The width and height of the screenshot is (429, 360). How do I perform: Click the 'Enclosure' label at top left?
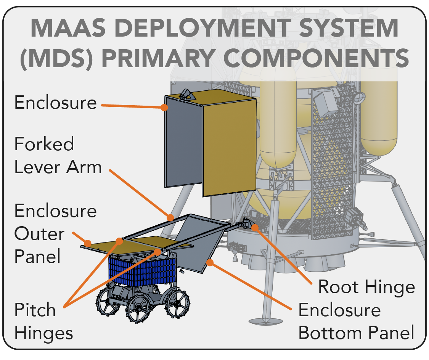pyautogui.click(x=56, y=103)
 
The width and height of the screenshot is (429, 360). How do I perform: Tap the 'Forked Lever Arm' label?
pyautogui.click(x=58, y=155)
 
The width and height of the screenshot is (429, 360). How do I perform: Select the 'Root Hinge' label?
pyautogui.click(x=366, y=287)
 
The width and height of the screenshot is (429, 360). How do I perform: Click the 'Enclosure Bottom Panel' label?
pyautogui.click(x=356, y=321)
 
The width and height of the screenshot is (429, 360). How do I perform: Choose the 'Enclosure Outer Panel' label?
pyautogui.click(x=56, y=234)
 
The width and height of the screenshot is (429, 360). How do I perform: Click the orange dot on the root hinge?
pyautogui.click(x=255, y=228)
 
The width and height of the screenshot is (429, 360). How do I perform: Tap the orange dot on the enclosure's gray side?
pyautogui.click(x=164, y=108)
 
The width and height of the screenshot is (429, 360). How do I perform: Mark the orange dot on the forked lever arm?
pyautogui.click(x=170, y=217)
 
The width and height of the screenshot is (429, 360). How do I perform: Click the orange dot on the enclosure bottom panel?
pyautogui.click(x=210, y=263)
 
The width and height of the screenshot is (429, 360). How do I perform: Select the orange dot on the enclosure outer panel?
pyautogui.click(x=88, y=243)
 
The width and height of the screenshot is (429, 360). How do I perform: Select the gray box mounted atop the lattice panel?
pyautogui.click(x=325, y=103)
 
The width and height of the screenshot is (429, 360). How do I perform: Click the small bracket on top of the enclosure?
pyautogui.click(x=186, y=94)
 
